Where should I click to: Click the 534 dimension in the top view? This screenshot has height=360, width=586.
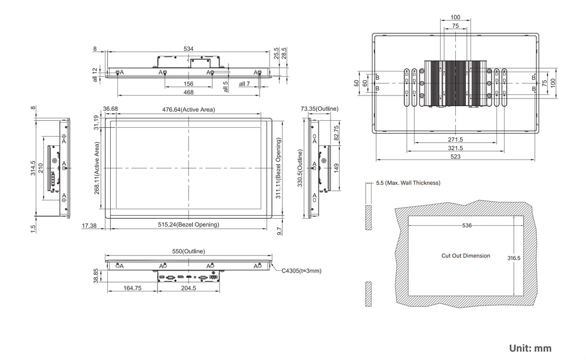pyautogui.click(x=188, y=49)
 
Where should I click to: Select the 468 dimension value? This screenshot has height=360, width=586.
pyautogui.click(x=188, y=93)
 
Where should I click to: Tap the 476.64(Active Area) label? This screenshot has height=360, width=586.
pyautogui.click(x=188, y=110)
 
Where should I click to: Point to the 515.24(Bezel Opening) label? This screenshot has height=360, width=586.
pyautogui.click(x=188, y=225)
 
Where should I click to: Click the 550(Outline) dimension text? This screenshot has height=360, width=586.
pyautogui.click(x=188, y=252)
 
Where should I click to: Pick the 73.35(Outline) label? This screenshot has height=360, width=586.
pyautogui.click(x=319, y=109)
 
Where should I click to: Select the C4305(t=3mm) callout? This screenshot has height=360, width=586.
pyautogui.click(x=301, y=271)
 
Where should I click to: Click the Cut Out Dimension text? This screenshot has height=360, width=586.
pyautogui.click(x=465, y=256)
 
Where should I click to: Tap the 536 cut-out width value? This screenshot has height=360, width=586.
pyautogui.click(x=466, y=226)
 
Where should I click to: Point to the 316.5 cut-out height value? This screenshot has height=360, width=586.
pyautogui.click(x=513, y=258)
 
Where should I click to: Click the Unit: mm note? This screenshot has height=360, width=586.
pyautogui.click(x=530, y=348)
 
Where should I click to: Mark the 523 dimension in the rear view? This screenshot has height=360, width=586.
pyautogui.click(x=455, y=157)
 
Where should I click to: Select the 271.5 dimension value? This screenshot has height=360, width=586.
pyautogui.click(x=455, y=140)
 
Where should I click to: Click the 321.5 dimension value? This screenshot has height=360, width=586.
pyautogui.click(x=455, y=148)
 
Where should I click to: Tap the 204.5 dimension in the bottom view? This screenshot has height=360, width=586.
pyautogui.click(x=188, y=288)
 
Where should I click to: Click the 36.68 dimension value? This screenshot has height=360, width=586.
pyautogui.click(x=110, y=109)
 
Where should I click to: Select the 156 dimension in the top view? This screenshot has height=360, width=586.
pyautogui.click(x=188, y=84)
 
